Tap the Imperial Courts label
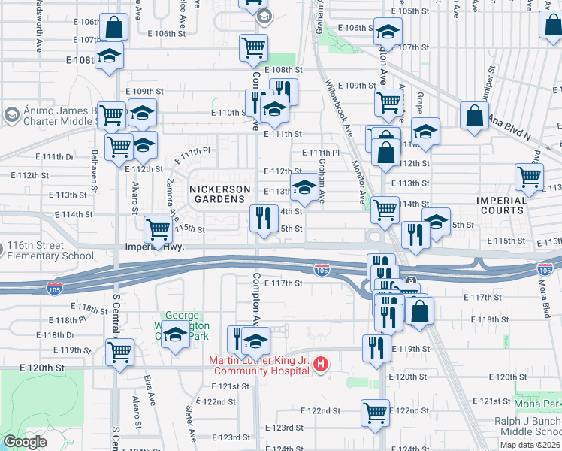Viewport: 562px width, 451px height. (502, 205)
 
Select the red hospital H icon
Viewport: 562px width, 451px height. (321, 365)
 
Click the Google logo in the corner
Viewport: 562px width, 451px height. (25, 443)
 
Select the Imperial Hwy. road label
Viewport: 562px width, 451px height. (154, 246)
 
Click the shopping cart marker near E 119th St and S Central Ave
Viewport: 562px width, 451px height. (119, 352)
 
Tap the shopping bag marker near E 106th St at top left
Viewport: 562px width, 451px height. (113, 28)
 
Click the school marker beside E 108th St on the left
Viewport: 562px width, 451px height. (110, 57)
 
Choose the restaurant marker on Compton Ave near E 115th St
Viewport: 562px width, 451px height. (263, 219)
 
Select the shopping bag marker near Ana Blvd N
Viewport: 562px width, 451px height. (474, 117)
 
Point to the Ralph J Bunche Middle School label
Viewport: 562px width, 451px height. (527, 427)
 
